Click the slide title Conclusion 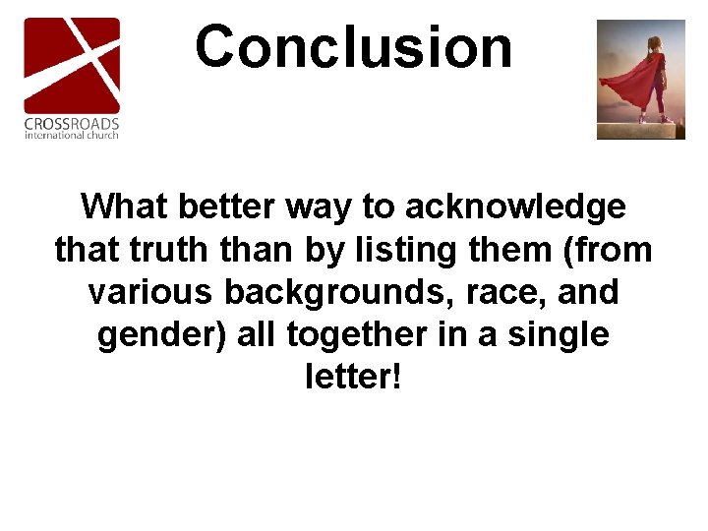(x=354, y=47)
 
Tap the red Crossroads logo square (x=72, y=65)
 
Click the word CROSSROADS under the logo (x=72, y=124)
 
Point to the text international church (x=72, y=135)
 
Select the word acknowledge (x=515, y=207)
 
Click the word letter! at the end (x=354, y=378)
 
